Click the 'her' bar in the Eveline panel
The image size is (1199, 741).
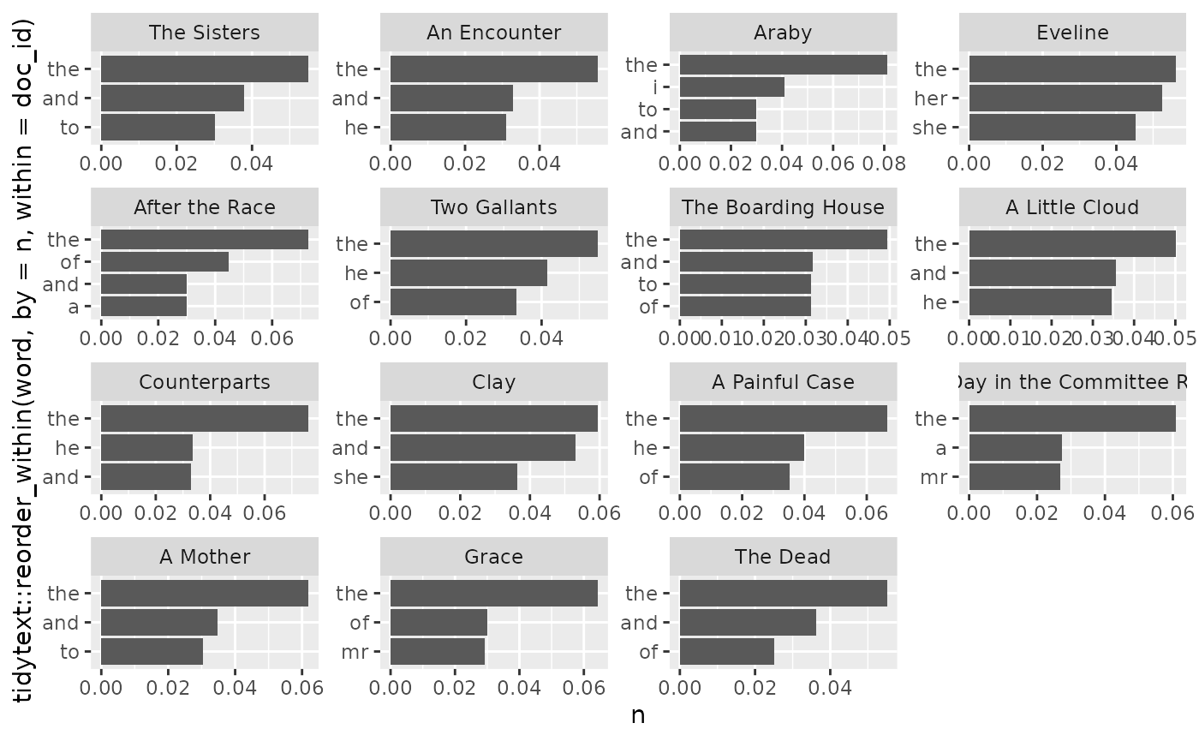tap(1065, 99)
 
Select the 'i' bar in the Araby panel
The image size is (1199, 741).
tap(731, 87)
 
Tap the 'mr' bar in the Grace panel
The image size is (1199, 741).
tap(438, 652)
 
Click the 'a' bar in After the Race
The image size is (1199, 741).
tap(143, 306)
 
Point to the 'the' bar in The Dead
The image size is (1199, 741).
tap(783, 594)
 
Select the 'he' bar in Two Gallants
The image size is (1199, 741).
tap(468, 273)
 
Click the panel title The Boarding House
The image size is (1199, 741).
tap(783, 207)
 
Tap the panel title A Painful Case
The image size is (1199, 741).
tap(783, 382)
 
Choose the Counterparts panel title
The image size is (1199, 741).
tap(205, 382)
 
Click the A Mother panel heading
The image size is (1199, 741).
tap(205, 557)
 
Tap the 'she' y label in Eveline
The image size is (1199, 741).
tap(931, 128)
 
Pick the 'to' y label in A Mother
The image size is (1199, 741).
tap(69, 652)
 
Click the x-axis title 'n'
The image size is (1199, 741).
tap(638, 716)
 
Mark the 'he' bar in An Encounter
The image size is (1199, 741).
tap(448, 128)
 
